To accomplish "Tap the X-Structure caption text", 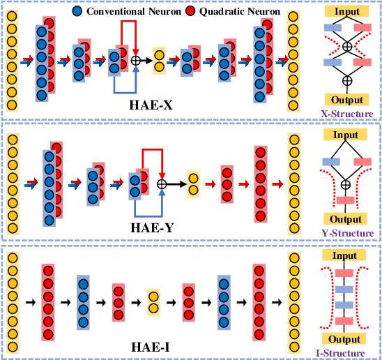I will [346, 114].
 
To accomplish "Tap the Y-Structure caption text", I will [346, 233].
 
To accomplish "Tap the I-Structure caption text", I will [346, 353].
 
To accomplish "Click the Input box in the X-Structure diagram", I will [346, 13].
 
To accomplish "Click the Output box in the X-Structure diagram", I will [346, 100].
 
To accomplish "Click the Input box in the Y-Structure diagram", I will [346, 135].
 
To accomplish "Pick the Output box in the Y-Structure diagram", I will [346, 219].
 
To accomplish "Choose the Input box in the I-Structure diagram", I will [346, 255].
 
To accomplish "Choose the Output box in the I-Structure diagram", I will [346, 338].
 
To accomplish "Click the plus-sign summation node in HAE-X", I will [137, 61].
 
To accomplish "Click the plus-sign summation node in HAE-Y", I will [162, 183].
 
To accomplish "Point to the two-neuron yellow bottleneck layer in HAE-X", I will [159, 61].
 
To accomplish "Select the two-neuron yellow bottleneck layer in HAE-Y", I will [193, 183].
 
